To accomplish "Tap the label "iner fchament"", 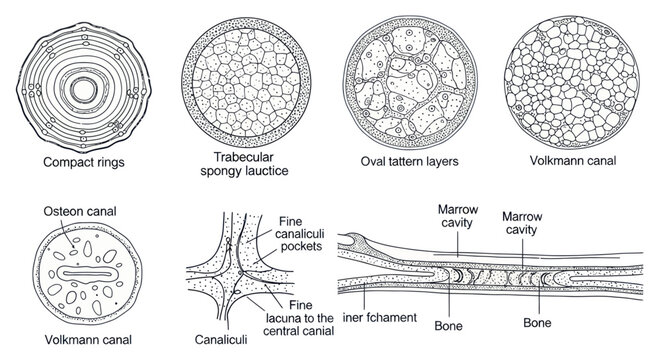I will pos(383,318).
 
